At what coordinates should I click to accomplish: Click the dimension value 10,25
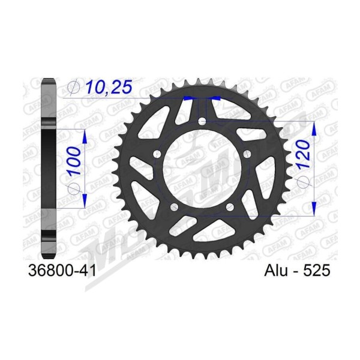[x=109, y=87]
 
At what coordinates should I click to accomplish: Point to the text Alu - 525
[x=297, y=271]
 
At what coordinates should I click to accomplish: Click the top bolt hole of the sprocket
[x=202, y=121]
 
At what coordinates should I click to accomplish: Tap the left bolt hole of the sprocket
[x=157, y=154]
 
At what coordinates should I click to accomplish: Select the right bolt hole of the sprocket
[x=247, y=154]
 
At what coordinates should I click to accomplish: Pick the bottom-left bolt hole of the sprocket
[x=175, y=206]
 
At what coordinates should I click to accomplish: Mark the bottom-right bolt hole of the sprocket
[x=230, y=206]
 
